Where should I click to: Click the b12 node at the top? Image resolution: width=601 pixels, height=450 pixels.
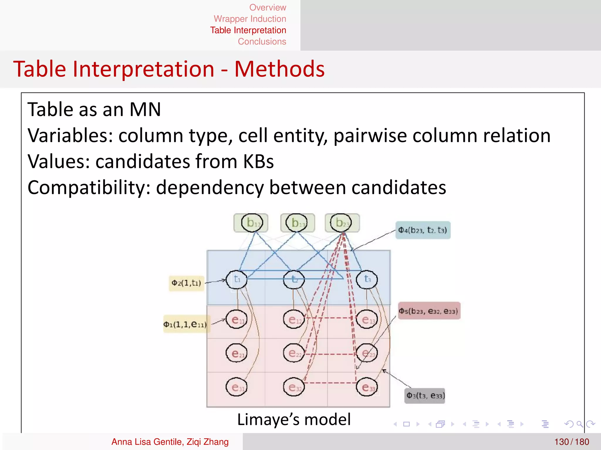252,223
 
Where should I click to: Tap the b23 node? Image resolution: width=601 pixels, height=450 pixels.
341,223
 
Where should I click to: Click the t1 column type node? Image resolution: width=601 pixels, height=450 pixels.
237,279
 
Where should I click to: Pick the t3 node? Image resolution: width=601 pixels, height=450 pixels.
367,279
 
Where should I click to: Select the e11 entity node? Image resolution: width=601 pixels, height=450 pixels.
237,320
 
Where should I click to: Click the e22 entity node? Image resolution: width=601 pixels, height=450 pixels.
294,353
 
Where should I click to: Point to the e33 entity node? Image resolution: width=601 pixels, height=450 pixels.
367,387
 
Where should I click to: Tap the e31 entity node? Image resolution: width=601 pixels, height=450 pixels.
237,387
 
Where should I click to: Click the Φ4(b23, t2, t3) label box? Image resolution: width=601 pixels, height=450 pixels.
423,230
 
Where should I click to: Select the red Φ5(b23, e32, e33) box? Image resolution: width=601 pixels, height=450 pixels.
429,311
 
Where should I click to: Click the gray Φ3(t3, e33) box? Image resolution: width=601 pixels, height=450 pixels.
425,396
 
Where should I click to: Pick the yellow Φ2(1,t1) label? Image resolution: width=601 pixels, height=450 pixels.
186,283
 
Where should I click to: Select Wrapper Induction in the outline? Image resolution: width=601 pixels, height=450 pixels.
250,19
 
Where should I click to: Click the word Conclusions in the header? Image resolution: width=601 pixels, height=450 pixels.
262,42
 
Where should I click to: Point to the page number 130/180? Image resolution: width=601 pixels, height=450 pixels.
571,442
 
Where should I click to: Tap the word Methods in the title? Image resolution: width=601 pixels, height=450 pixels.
279,69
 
